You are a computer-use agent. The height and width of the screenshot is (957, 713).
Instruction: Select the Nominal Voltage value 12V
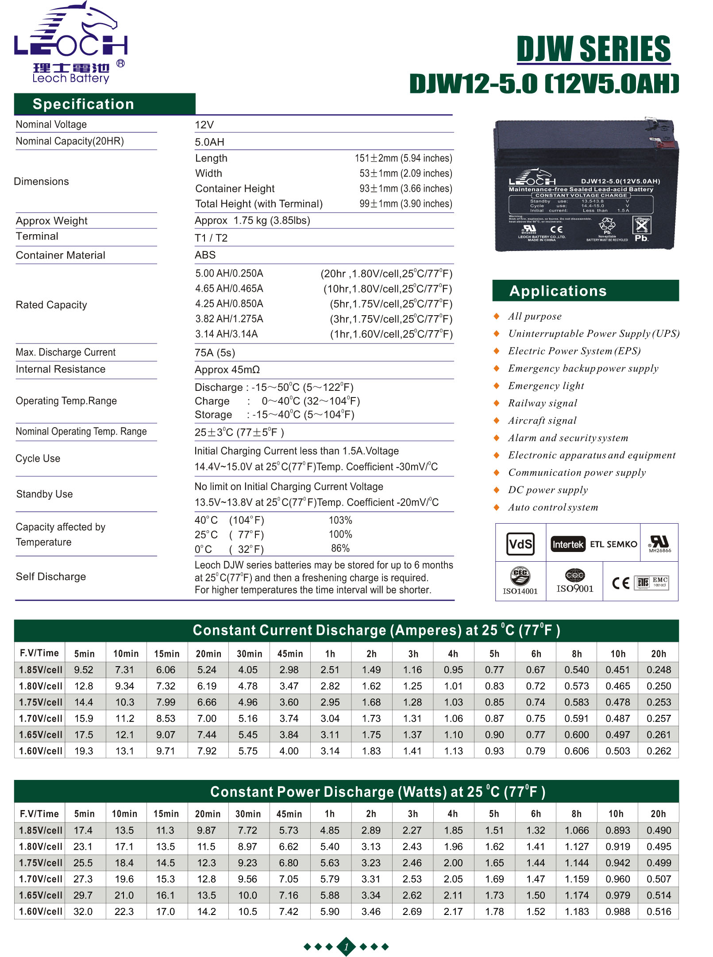pyautogui.click(x=204, y=125)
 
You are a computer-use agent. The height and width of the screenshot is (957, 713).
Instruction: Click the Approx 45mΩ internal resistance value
pyautogui.click(x=227, y=370)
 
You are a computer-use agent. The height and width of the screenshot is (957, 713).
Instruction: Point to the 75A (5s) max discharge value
pyautogui.click(x=215, y=353)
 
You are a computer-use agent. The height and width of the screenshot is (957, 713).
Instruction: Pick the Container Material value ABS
pyautogui.click(x=205, y=255)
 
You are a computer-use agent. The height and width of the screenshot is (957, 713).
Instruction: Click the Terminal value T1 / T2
pyautogui.click(x=211, y=238)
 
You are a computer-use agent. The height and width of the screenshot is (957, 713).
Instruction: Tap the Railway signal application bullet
pyautogui.click(x=497, y=403)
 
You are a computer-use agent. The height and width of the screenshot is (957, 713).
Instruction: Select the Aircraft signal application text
pyautogui.click(x=542, y=421)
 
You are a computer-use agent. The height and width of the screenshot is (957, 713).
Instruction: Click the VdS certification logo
pyautogui.click(x=520, y=544)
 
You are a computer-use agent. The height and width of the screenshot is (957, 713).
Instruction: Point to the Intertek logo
pyautogui.click(x=568, y=544)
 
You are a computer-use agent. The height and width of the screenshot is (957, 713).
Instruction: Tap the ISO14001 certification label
pyautogui.click(x=520, y=591)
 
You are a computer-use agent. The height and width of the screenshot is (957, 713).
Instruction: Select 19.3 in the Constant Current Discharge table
pyautogui.click(x=84, y=751)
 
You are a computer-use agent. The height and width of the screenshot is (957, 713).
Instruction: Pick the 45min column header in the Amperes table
pyautogui.click(x=290, y=653)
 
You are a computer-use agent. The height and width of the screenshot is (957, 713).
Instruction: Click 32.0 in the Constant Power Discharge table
pyautogui.click(x=83, y=911)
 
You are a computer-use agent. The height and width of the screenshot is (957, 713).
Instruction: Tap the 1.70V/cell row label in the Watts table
pyautogui.click(x=40, y=879)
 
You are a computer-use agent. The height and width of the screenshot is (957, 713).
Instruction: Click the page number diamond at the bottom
pyautogui.click(x=346, y=947)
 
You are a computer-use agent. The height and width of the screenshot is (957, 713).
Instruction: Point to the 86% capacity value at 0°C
pyautogui.click(x=340, y=548)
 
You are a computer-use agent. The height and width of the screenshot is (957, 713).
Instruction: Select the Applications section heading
pyautogui.click(x=558, y=291)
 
